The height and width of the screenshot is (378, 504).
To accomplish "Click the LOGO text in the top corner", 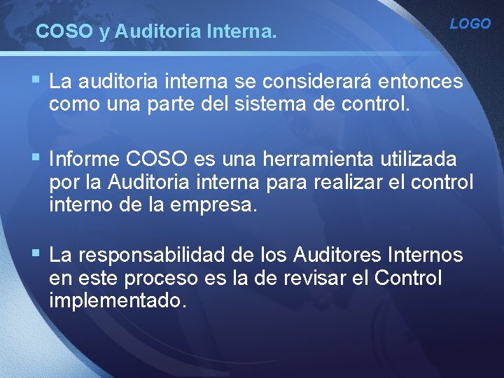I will coord(470,24).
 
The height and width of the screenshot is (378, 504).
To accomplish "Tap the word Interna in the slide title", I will coord(246,31).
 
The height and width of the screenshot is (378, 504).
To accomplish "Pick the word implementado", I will coord(118,302).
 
